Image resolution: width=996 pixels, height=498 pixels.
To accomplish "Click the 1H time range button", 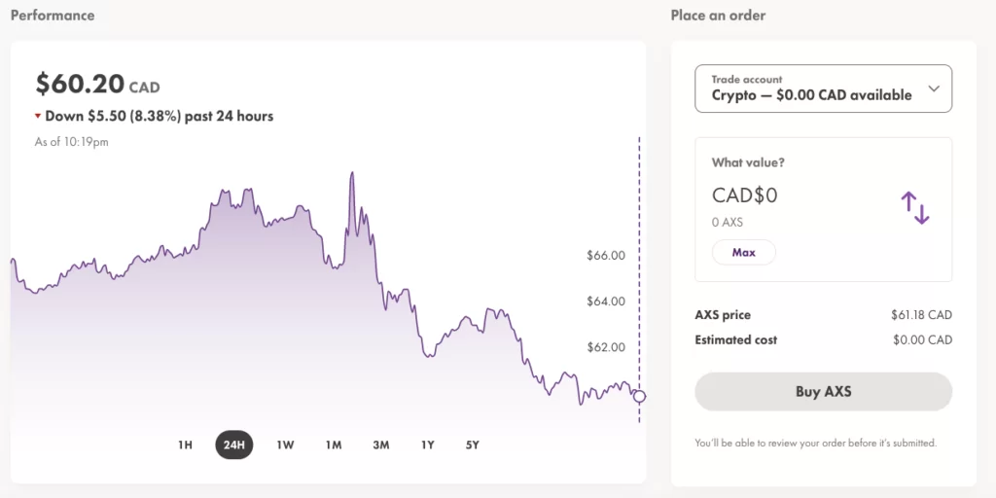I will [x=185, y=445].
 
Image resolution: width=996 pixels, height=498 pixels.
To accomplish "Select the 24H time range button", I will [x=233, y=445].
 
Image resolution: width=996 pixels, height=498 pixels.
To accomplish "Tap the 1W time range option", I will [x=285, y=445].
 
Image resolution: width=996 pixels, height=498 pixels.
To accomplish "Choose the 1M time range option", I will [x=334, y=445].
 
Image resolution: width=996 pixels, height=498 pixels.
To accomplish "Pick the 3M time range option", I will [x=380, y=445].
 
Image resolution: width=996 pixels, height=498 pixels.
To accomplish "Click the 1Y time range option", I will [x=427, y=445].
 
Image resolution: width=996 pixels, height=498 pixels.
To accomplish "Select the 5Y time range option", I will [x=472, y=445].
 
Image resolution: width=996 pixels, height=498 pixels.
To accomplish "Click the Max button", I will [x=743, y=253].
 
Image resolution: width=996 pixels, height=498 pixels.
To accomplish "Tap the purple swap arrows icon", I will [x=915, y=208].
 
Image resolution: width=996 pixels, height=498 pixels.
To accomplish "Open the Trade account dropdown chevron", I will [x=934, y=89].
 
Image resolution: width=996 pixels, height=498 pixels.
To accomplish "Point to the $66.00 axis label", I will [x=605, y=256].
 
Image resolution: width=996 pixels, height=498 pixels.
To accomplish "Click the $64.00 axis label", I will [x=605, y=302].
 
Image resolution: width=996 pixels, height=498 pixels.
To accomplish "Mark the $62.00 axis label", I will [x=605, y=347].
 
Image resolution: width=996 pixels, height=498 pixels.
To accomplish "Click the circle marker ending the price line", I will [x=639, y=396].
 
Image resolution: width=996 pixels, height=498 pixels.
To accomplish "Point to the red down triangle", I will [x=38, y=117].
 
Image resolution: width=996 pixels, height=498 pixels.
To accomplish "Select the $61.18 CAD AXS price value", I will [x=920, y=315].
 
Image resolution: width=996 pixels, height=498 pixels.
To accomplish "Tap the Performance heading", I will [x=53, y=16].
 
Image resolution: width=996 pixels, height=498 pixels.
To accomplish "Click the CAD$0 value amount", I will [x=744, y=196].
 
